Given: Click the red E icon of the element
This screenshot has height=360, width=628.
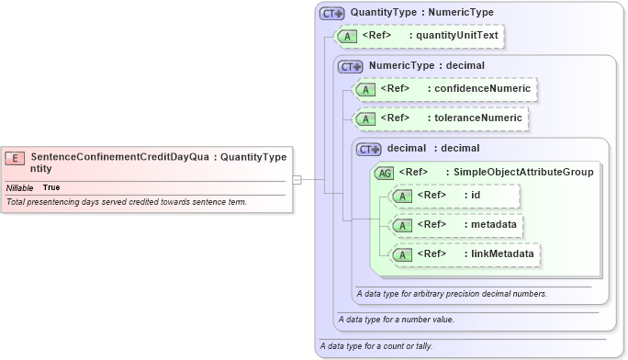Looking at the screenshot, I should click(x=16, y=157).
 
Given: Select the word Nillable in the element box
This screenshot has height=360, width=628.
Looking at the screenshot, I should click(x=20, y=187).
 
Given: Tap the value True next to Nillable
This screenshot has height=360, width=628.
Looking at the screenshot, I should click(x=51, y=187).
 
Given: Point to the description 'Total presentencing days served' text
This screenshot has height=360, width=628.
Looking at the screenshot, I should click(x=126, y=201).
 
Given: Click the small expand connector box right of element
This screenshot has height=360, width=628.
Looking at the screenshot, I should click(x=297, y=180).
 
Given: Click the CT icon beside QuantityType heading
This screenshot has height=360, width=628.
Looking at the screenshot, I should click(x=331, y=13).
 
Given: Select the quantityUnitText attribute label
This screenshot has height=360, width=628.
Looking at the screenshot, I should click(x=450, y=37).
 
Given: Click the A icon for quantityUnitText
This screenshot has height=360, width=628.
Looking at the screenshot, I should click(x=349, y=37).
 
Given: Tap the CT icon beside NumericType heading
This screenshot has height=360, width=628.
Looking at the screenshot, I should click(x=351, y=66).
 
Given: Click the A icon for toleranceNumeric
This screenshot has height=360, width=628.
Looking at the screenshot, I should click(x=366, y=118).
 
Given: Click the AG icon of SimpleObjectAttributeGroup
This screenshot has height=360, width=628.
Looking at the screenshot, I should click(x=385, y=172).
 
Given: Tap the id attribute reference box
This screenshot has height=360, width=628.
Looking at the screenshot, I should click(x=454, y=196).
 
